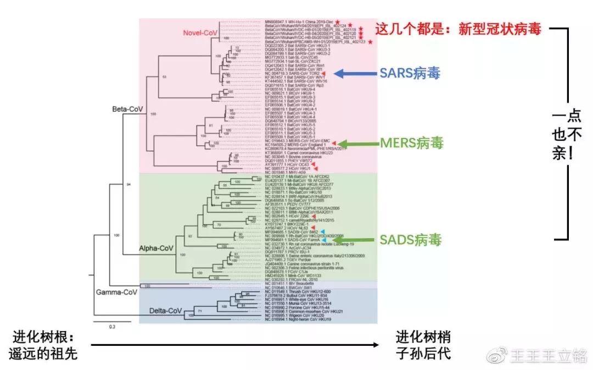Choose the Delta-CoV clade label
coord(165,312)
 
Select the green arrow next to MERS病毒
coord(358,143)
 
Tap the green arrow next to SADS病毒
coord(358,240)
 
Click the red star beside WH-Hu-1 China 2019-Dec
coord(338,21)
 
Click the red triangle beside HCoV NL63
coord(312,228)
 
